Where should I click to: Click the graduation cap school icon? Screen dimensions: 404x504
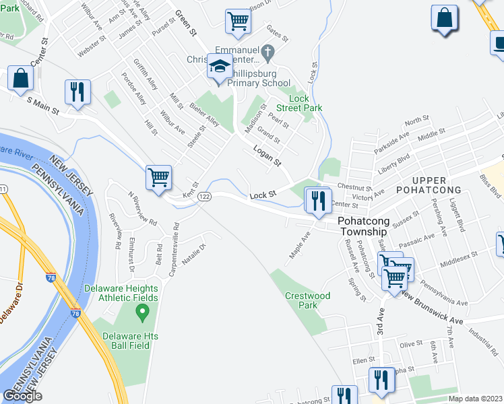tap(220, 67)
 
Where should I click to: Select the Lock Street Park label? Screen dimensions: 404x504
tap(301, 103)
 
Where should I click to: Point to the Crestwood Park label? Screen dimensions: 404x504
tap(307, 300)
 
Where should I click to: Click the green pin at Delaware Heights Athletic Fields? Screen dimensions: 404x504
tap(141, 312)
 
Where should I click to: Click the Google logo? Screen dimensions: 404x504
tap(22, 396)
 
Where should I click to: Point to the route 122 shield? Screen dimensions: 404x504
tap(206, 195)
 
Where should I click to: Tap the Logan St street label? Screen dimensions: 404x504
tap(267, 156)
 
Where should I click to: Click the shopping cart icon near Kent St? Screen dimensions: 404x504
tap(159, 178)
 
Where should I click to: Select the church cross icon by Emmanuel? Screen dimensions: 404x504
tap(267, 51)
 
